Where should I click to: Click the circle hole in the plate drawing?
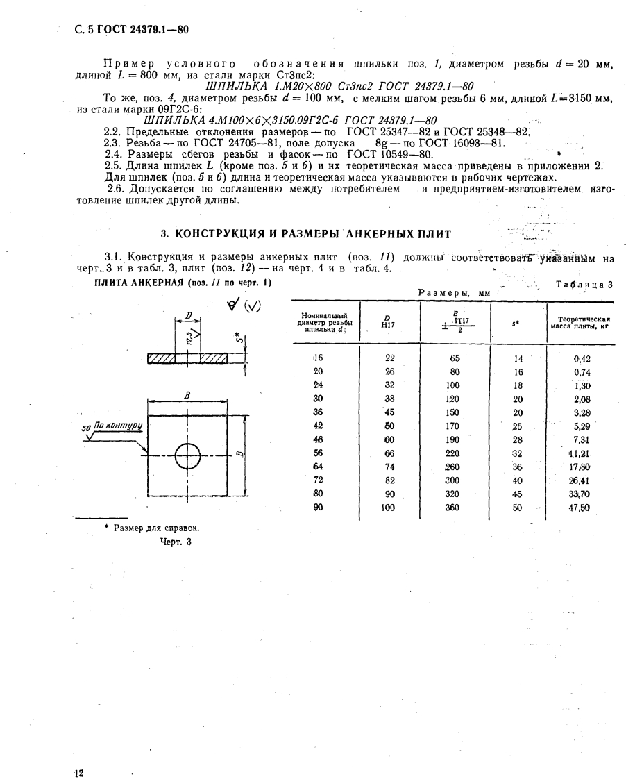click(x=187, y=456)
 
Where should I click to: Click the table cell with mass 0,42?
click(x=581, y=359)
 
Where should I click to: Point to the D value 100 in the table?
click(x=388, y=508)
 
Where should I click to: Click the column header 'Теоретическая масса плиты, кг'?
click(x=579, y=321)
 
